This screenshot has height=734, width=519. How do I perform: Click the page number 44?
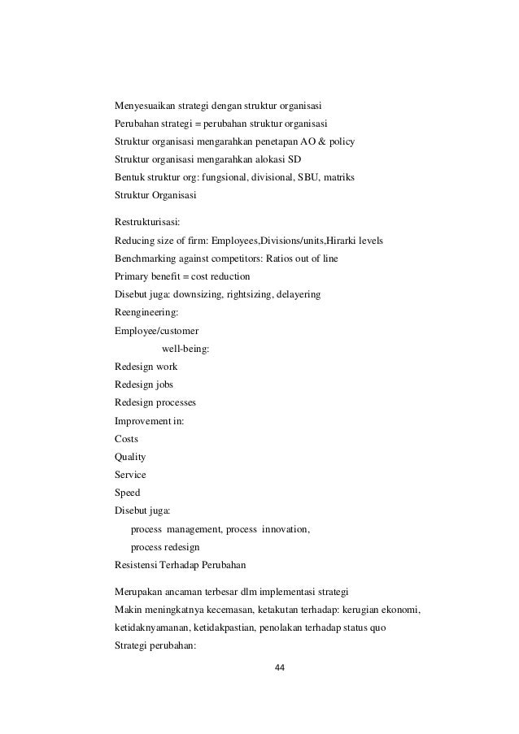pyautogui.click(x=280, y=667)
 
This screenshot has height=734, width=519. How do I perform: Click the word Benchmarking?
pyautogui.click(x=149, y=258)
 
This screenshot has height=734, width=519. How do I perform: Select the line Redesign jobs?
pyautogui.click(x=144, y=384)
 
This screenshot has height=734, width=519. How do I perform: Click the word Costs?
pyautogui.click(x=127, y=438)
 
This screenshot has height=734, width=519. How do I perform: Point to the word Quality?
pyautogui.click(x=131, y=456)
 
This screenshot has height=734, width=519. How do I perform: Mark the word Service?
pyautogui.click(x=130, y=474)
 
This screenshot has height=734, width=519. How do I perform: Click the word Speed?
pyautogui.click(x=128, y=492)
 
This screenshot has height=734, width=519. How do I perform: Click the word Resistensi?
pyautogui.click(x=139, y=565)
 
